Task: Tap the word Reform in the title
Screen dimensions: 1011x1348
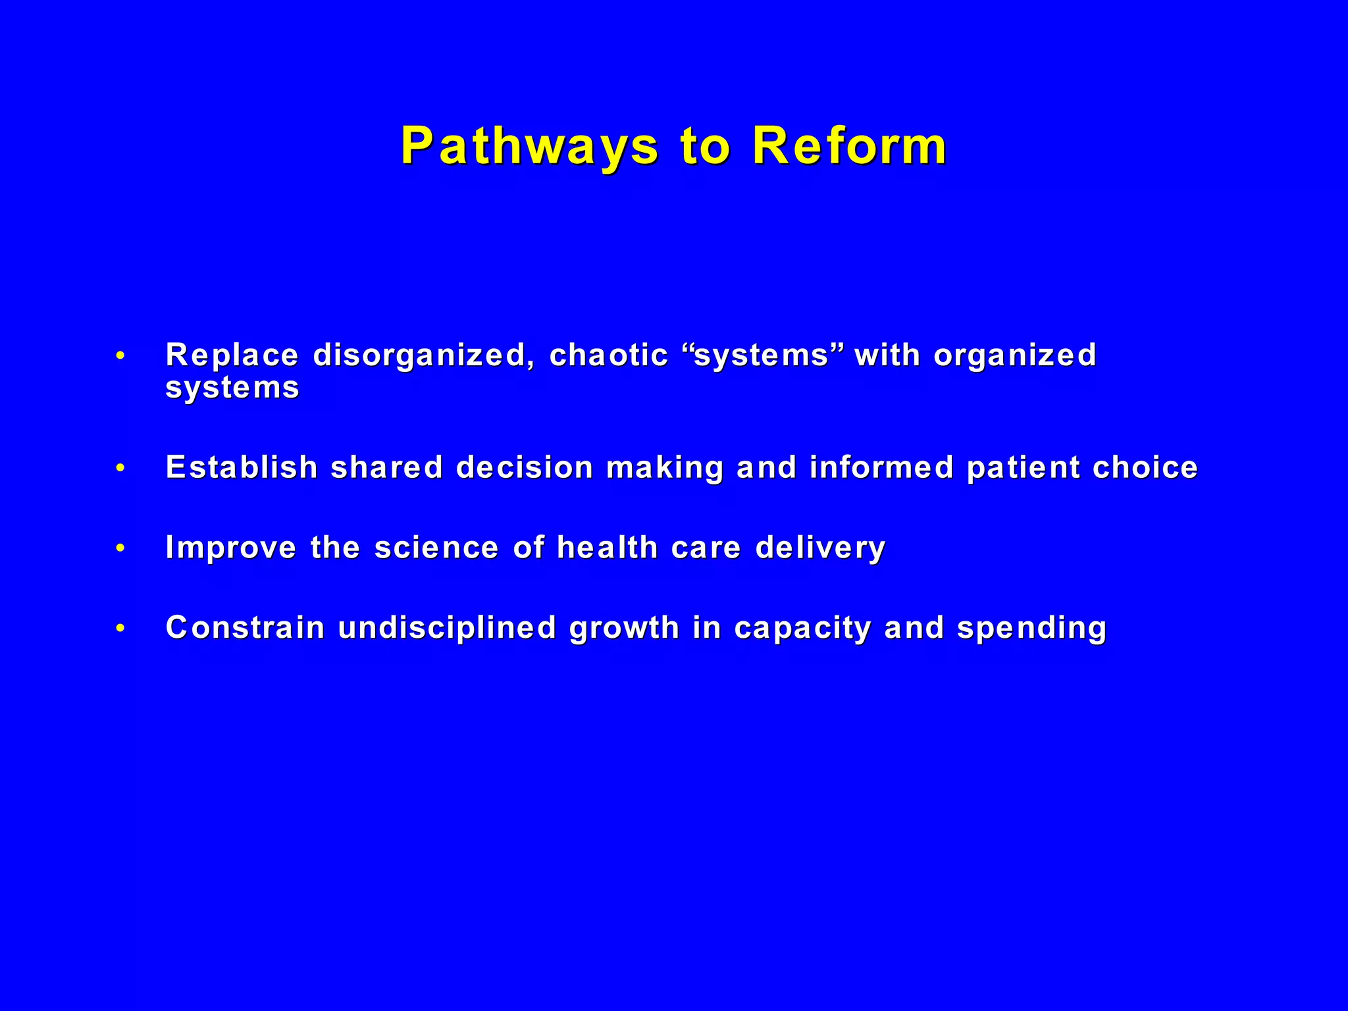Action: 849,146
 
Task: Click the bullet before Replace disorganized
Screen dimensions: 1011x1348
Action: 120,356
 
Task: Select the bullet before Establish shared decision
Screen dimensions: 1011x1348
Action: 120,468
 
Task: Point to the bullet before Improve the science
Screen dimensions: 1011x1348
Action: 120,548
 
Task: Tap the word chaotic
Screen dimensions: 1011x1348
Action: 609,355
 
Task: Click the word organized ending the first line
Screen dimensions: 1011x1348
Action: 1015,356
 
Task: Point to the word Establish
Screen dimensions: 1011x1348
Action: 242,467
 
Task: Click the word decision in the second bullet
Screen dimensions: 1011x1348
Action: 525,467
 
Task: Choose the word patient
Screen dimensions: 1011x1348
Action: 1024,467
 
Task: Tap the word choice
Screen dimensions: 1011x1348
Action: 1145,467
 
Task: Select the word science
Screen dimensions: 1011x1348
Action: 436,548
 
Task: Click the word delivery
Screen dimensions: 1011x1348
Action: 820,548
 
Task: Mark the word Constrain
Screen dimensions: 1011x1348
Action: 245,627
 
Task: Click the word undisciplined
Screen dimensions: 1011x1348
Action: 448,627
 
